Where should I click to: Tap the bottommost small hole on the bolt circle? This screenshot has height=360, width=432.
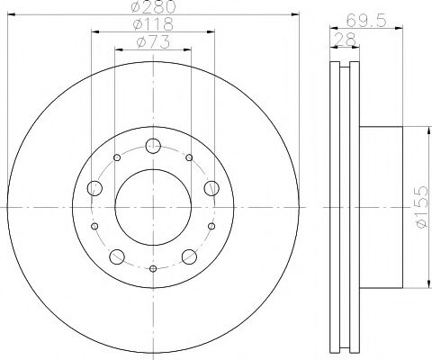point(153,269)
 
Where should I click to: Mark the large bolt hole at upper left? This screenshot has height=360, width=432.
point(94,188)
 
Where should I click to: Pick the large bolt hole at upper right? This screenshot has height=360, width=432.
point(212,188)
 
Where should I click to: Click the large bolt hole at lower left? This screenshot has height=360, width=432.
point(116,257)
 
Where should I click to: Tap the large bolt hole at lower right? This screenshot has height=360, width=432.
point(190,257)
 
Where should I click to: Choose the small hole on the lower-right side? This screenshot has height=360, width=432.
point(211,226)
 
